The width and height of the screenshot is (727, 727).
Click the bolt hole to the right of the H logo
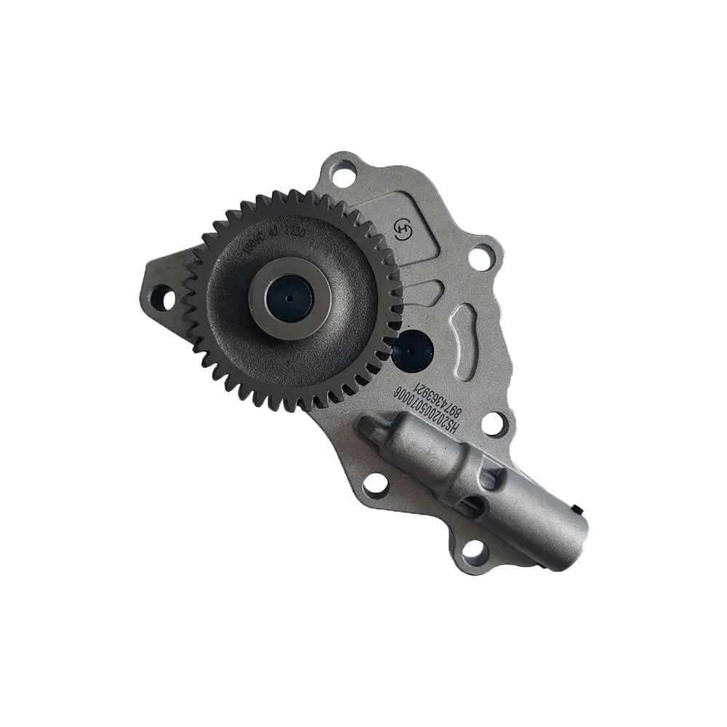click(481, 257)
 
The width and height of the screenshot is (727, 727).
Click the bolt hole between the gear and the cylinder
click(376, 481)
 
